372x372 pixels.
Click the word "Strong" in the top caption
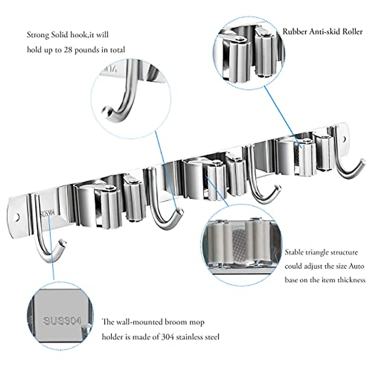coord(38,35)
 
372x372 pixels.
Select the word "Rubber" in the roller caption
coord(294,32)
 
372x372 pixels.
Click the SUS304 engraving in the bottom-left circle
coord(62,321)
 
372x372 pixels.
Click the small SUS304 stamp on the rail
coord(47,213)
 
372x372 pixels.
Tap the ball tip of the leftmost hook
coord(63,241)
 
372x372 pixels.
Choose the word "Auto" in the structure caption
coord(356,266)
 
